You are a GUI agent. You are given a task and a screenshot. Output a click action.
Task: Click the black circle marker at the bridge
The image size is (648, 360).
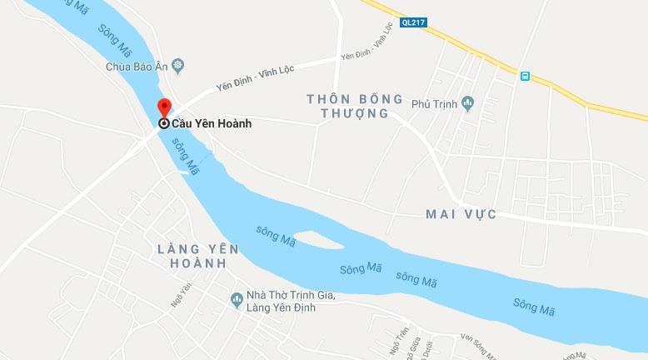click(x=164, y=123)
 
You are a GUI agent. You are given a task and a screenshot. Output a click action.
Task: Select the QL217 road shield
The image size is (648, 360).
click(x=414, y=22)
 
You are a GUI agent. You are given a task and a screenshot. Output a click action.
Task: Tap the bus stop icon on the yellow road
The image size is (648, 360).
click(x=525, y=76)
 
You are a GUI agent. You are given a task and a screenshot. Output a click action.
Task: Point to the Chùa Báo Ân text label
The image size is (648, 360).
click(x=137, y=67)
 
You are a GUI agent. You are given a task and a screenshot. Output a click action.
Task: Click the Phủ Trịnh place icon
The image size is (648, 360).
click(x=467, y=104)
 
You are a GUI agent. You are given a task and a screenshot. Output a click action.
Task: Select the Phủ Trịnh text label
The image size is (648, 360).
click(x=434, y=105)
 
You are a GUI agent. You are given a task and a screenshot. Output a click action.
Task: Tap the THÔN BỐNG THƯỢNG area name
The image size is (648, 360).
click(x=347, y=106)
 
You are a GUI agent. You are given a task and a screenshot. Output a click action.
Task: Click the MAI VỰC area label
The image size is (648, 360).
click(x=461, y=214)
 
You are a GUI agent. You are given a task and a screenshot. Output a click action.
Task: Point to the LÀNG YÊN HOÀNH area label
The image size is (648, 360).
click(x=197, y=256)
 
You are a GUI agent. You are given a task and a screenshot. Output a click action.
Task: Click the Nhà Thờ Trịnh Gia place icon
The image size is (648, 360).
click(x=236, y=297)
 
